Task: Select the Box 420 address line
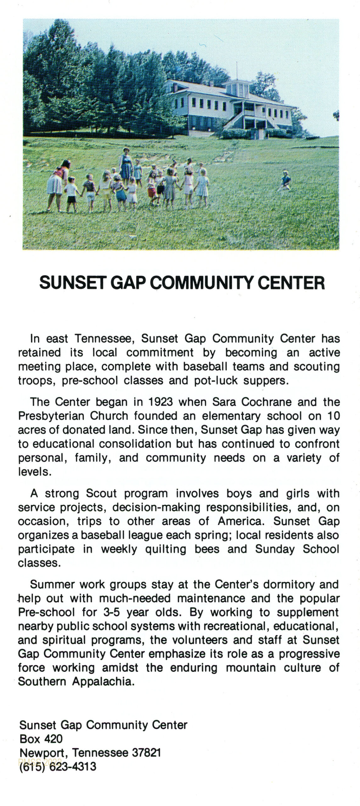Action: [x=41, y=739]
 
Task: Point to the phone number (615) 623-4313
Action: [x=58, y=767]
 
